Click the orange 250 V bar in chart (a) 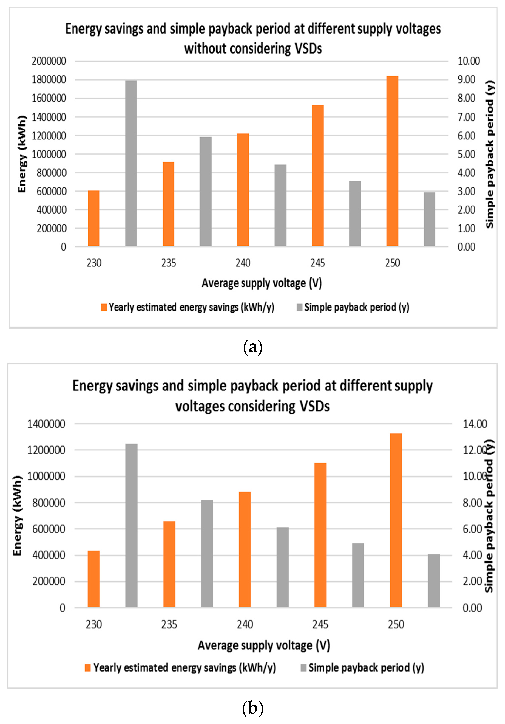coord(392,161)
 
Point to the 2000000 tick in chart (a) coord(49,61)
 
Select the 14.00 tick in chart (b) coord(475,424)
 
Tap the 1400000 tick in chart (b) coord(46,424)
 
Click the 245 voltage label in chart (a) coord(317,263)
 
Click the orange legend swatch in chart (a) coord(104,307)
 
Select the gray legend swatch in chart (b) coord(303,667)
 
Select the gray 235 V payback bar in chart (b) coord(207,553)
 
